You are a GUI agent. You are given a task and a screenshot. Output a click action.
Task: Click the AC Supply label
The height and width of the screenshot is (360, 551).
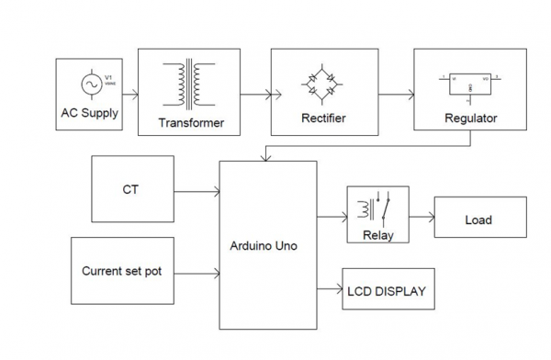click(89, 113)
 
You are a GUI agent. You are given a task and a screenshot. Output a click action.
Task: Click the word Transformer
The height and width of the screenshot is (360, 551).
click(190, 122)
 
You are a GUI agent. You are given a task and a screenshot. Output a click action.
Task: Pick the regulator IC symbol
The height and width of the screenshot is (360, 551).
click(469, 85)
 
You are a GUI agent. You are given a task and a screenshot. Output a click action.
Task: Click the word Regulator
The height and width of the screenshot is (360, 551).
click(470, 118)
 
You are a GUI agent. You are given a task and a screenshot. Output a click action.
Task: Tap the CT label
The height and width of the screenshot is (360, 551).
click(131, 191)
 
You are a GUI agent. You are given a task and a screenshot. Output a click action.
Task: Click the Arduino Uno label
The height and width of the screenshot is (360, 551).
click(267, 246)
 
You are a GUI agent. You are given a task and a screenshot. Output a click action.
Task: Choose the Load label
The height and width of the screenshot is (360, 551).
click(478, 219)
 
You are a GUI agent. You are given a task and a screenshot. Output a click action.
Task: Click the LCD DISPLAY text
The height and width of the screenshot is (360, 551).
click(387, 292)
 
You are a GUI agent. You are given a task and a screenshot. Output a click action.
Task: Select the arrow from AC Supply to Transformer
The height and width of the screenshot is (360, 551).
click(129, 93)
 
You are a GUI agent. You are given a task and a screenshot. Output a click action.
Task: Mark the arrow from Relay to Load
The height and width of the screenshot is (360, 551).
click(421, 219)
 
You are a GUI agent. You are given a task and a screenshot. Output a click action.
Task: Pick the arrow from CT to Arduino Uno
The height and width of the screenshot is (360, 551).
click(197, 192)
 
